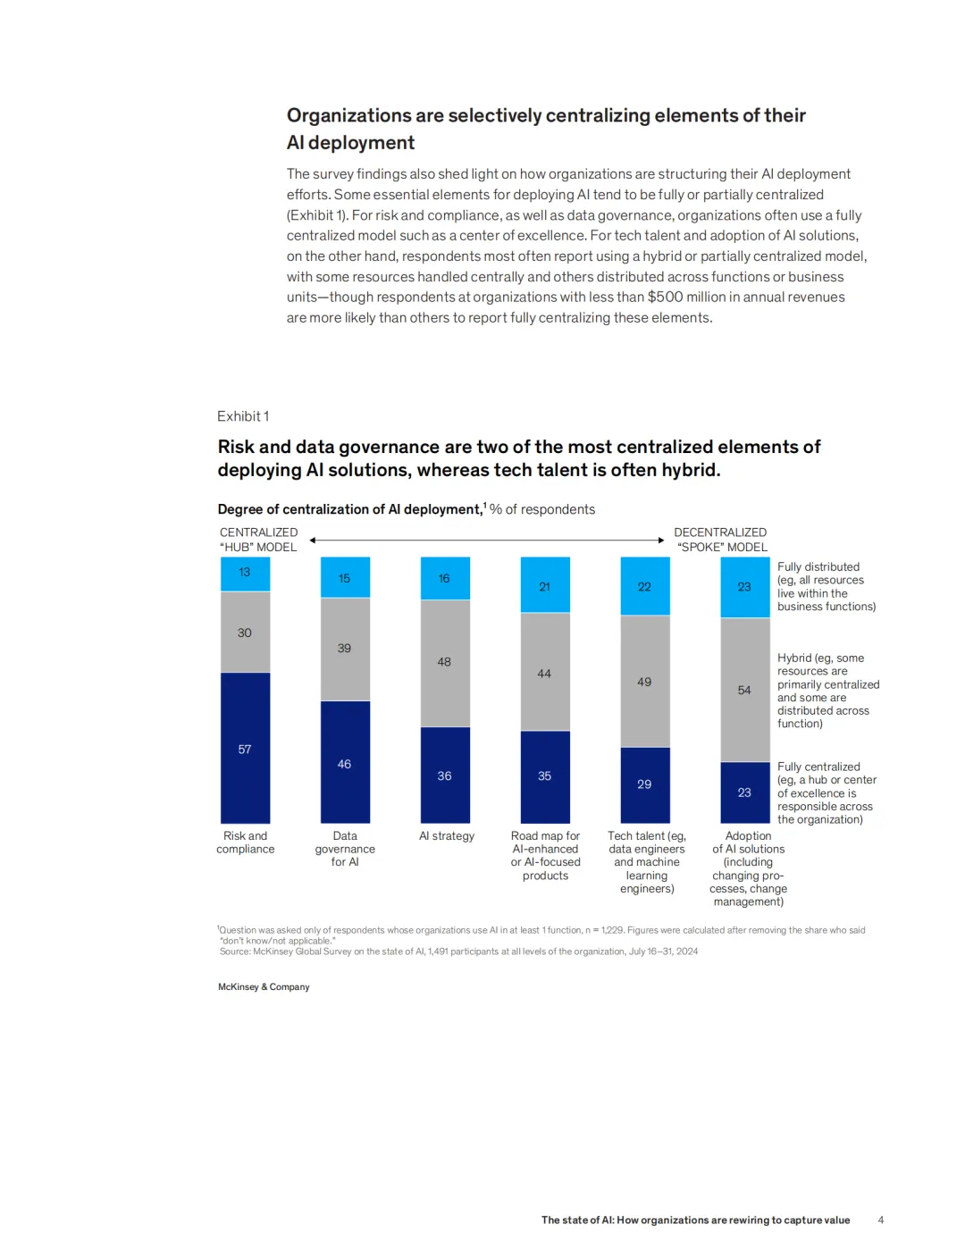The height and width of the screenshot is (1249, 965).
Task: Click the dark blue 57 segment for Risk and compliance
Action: (x=245, y=748)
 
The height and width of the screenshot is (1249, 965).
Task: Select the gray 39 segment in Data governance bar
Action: (x=345, y=649)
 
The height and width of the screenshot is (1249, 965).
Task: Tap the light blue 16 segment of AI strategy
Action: (x=445, y=578)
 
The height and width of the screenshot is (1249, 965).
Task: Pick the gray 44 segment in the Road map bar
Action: (x=545, y=672)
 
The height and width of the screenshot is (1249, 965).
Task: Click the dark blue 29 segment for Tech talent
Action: (x=645, y=784)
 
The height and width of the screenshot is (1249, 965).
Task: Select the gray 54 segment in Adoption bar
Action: (x=745, y=689)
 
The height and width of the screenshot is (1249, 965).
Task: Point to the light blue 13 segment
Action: (x=245, y=573)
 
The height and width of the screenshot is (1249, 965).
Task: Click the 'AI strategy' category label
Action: (x=447, y=836)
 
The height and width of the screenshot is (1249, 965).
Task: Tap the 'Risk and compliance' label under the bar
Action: (x=246, y=842)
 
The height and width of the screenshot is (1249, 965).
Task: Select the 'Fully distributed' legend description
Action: (x=826, y=586)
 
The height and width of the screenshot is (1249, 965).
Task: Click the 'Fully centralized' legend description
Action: (x=826, y=792)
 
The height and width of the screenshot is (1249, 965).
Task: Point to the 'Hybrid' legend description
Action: (x=827, y=691)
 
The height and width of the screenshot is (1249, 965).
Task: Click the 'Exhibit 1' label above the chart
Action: (x=243, y=416)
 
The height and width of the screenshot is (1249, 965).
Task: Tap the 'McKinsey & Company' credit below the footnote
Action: (x=264, y=987)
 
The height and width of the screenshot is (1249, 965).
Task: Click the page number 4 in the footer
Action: (x=881, y=1220)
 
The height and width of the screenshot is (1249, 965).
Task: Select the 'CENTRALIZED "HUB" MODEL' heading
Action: (x=259, y=540)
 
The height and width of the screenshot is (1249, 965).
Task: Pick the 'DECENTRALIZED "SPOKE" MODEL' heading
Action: (x=720, y=540)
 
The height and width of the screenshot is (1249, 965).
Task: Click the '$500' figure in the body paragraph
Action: (x=665, y=298)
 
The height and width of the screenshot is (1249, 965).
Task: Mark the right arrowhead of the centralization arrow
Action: (x=661, y=541)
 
